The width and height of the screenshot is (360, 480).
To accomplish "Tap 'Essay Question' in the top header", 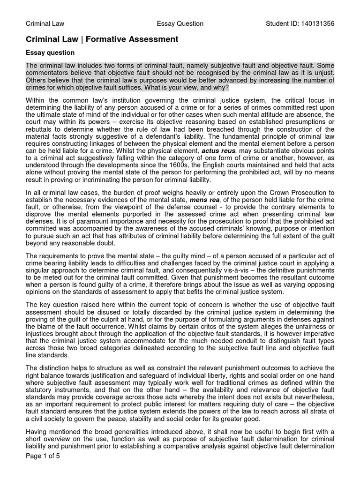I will click(x=180, y=23).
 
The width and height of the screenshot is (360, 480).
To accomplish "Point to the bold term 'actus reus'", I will click(x=219, y=151).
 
